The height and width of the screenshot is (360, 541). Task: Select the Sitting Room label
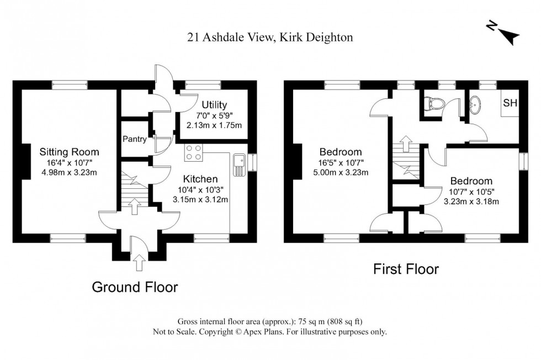(69, 152)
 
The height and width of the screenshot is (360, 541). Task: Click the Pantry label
(135, 139)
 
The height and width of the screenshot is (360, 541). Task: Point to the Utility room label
(214, 105)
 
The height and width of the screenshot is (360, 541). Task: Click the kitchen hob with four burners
(193, 152)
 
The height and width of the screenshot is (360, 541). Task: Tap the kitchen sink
(239, 164)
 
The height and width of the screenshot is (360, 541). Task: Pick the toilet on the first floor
(433, 103)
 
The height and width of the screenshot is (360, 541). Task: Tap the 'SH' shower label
(510, 104)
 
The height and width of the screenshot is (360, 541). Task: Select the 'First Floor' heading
(406, 269)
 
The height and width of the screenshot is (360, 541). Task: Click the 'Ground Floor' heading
(135, 287)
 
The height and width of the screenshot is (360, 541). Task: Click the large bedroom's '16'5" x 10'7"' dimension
(341, 162)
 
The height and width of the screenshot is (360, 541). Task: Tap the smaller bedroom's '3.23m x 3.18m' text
(471, 201)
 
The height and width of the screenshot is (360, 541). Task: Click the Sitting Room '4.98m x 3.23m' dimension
(69, 172)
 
